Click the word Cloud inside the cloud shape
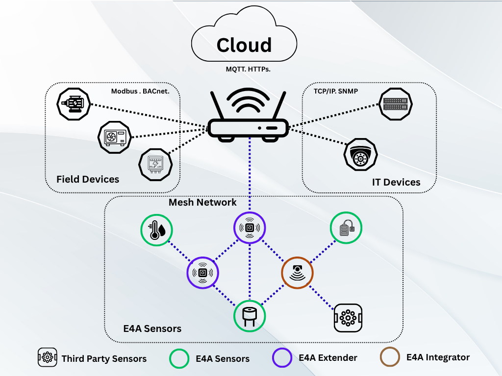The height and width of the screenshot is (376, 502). [244, 45]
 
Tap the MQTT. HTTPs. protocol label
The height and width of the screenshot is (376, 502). [248, 70]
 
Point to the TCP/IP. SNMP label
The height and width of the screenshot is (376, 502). [336, 91]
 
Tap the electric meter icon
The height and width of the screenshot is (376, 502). [156, 164]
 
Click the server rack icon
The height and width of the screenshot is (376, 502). [396, 103]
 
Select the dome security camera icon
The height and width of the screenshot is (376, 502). [360, 155]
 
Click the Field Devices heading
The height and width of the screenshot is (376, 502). [88, 179]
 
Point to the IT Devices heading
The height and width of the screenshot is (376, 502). [396, 182]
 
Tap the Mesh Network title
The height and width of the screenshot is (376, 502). [202, 202]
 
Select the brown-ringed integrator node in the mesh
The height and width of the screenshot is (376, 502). [297, 273]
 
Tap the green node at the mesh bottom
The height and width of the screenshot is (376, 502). [250, 316]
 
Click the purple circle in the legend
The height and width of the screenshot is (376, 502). [282, 358]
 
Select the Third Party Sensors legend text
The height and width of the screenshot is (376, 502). [104, 359]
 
